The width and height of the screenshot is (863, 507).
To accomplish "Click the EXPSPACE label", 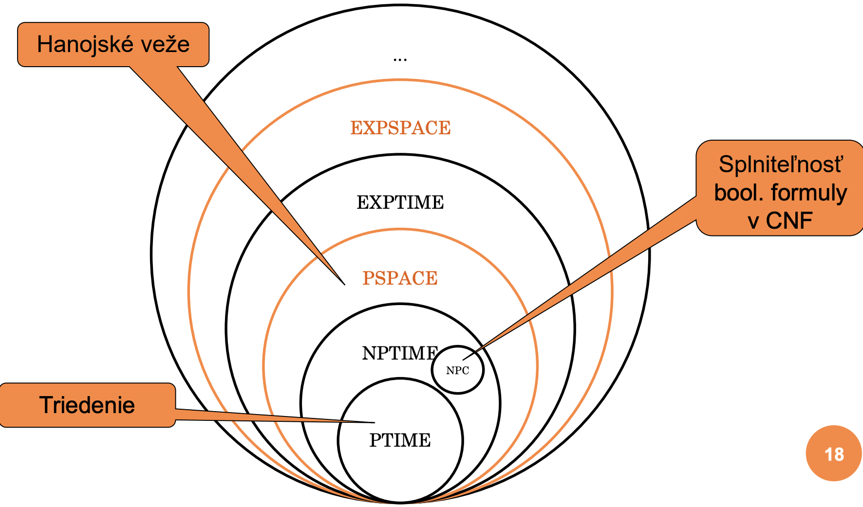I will (x=400, y=128).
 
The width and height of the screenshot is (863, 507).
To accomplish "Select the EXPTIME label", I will (x=400, y=202).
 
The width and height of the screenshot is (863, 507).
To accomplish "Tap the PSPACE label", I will (x=400, y=278).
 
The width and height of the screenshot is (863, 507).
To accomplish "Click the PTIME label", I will (x=400, y=440).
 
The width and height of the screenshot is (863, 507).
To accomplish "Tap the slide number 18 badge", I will (x=834, y=454).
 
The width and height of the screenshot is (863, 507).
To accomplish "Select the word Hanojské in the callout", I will (x=78, y=45).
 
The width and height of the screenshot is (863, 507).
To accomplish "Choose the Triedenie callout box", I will (x=88, y=405).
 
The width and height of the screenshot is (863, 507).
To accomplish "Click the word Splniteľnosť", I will (x=780, y=164).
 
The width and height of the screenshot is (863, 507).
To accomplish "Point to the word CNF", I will (x=789, y=221).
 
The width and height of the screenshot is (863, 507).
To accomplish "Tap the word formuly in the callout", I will (x=809, y=193).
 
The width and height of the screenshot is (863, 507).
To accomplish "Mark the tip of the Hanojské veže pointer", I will (x=344, y=284).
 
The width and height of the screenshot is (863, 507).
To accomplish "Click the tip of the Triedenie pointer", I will (x=374, y=422).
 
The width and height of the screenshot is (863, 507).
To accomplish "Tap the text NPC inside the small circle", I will (x=457, y=371).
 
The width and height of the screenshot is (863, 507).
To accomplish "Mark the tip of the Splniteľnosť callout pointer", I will (x=463, y=360).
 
